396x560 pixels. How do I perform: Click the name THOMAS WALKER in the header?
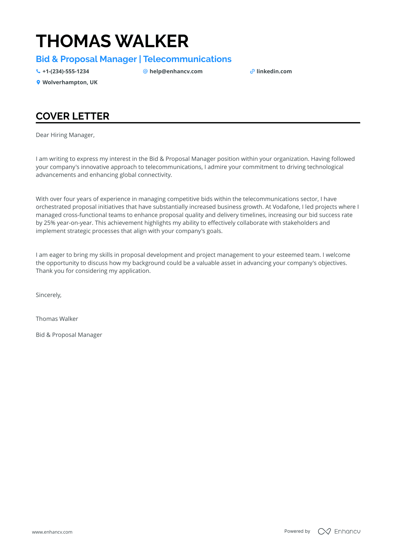112,41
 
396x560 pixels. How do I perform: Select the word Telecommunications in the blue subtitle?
187,59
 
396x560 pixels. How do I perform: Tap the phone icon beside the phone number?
38,71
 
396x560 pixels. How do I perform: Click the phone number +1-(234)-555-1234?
66,72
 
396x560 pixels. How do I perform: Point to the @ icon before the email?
145,71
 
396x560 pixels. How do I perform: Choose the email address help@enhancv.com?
176,72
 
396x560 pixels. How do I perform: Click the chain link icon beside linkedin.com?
252,72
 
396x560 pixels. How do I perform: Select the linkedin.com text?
274,72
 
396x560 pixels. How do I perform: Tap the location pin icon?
38,82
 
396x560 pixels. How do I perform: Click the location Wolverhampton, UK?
70,83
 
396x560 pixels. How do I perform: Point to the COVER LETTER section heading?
72,116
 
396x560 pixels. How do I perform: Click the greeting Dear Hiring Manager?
65,135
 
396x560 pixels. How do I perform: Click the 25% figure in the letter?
49,223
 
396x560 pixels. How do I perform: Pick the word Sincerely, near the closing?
49,295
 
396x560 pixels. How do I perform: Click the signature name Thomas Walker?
57,319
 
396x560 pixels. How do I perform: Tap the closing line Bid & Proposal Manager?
69,335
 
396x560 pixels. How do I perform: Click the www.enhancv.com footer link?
52,532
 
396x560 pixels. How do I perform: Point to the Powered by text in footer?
297,531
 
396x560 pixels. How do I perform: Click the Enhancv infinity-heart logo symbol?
324,531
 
